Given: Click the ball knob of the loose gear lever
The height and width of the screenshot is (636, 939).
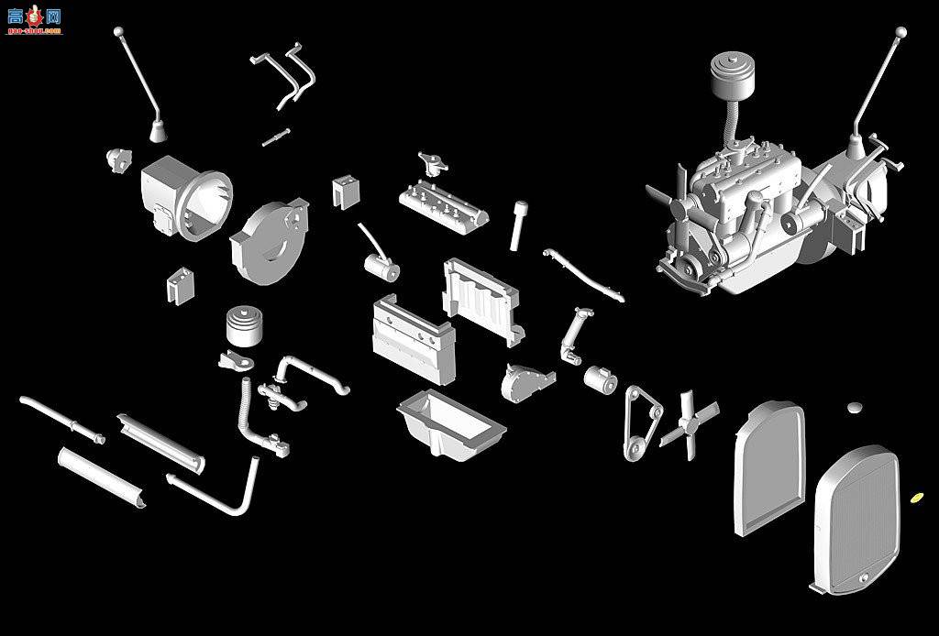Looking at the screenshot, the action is [118, 32].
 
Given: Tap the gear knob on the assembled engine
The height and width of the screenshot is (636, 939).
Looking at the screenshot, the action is [901, 32].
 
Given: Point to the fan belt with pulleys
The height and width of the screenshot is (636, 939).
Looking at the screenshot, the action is [643, 421].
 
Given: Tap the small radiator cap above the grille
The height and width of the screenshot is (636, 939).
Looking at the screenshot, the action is [856, 406].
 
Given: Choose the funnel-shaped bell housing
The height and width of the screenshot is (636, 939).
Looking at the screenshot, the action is [188, 196].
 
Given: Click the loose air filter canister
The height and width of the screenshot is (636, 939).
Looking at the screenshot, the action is [245, 327].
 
